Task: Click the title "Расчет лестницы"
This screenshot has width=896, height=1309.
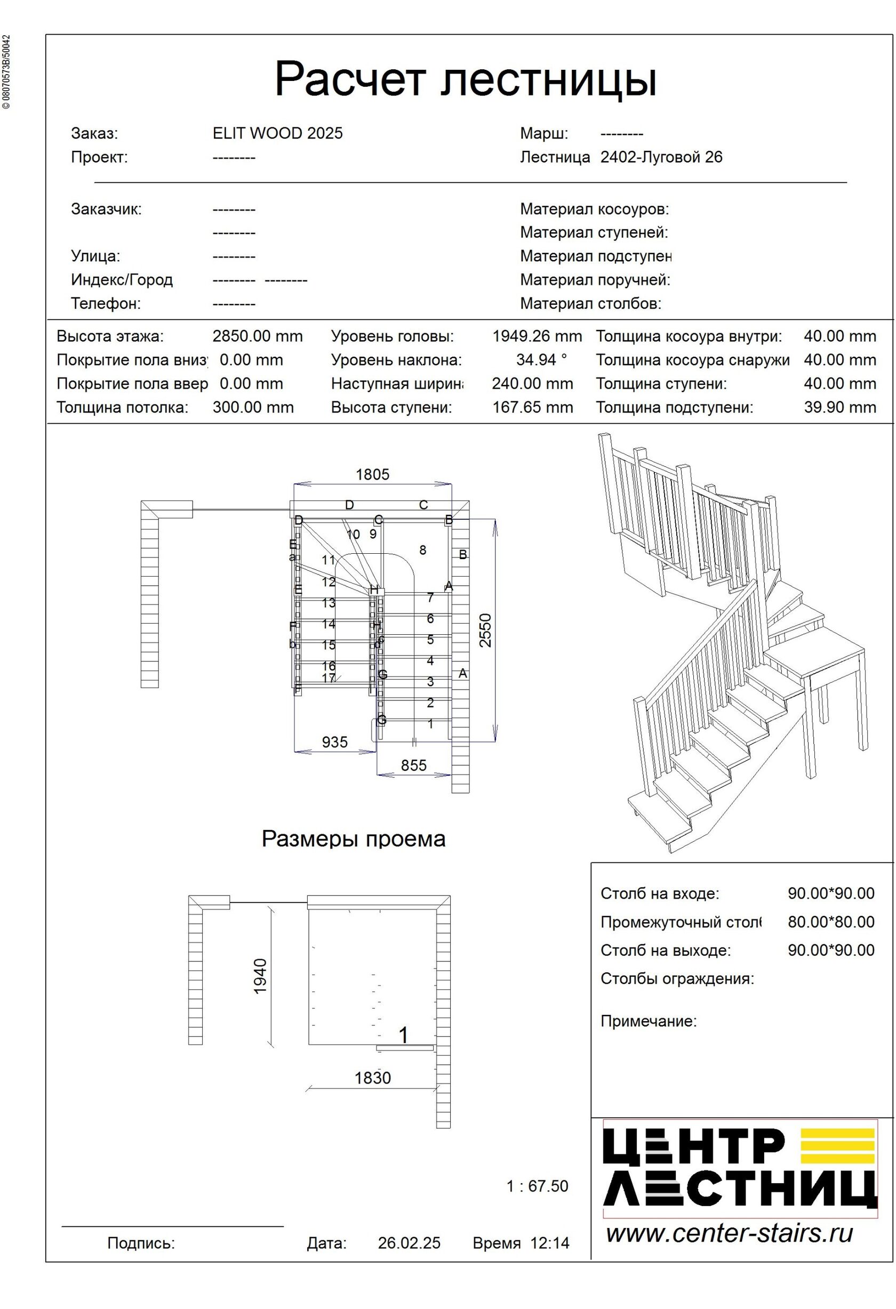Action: point(466,79)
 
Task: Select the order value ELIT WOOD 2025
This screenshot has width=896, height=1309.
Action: point(277,133)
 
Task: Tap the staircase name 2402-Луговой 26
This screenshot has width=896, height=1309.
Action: point(661,157)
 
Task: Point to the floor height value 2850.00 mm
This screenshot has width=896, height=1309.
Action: point(258,336)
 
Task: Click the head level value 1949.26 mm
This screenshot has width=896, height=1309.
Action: point(537,336)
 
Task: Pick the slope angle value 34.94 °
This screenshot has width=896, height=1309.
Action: point(541,360)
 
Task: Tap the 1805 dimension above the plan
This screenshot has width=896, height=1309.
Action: point(372,475)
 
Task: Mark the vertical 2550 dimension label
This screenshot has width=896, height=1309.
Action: point(485,631)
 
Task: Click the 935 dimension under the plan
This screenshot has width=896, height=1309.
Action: point(335,742)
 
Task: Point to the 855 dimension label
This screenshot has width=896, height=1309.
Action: point(414,765)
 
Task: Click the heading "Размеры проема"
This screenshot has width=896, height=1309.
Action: point(353,839)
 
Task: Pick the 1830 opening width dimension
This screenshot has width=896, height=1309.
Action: point(372,1078)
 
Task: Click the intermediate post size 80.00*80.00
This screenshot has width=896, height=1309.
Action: point(830,922)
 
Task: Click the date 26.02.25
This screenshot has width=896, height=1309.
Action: point(409,1243)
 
